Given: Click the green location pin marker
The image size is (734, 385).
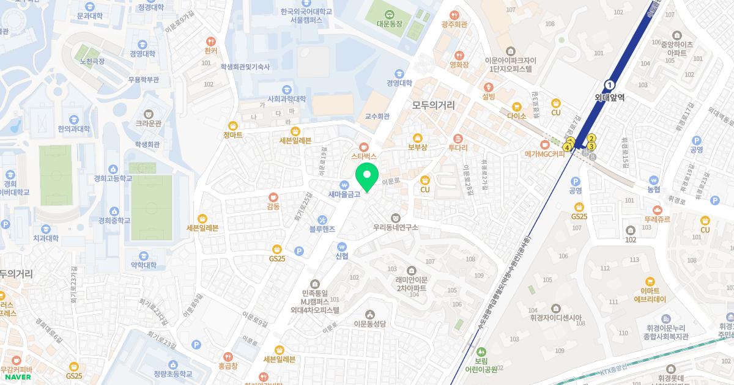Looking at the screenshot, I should coord(367,177).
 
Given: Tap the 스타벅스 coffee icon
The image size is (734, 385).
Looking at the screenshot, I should coord(364,147).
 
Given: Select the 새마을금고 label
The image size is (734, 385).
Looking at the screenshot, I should coord(344,195).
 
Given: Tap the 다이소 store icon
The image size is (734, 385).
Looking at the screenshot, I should coord(517,106).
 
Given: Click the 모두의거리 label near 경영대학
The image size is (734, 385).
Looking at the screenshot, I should coord(433,105).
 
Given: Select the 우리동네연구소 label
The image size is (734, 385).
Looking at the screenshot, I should coord(396,227).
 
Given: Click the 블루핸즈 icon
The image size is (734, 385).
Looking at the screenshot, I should coord(322,220).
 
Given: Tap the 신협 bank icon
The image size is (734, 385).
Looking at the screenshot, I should coord(341,246).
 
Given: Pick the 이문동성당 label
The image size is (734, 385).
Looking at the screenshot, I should coord(370,324).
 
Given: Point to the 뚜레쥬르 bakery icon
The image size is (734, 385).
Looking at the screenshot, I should coord(656,208).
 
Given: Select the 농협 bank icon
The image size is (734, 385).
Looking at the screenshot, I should coord(654,181).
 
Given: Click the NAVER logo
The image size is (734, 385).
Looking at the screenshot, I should coord(18,377).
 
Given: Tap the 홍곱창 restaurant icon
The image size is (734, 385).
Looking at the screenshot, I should coord(228,356).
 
